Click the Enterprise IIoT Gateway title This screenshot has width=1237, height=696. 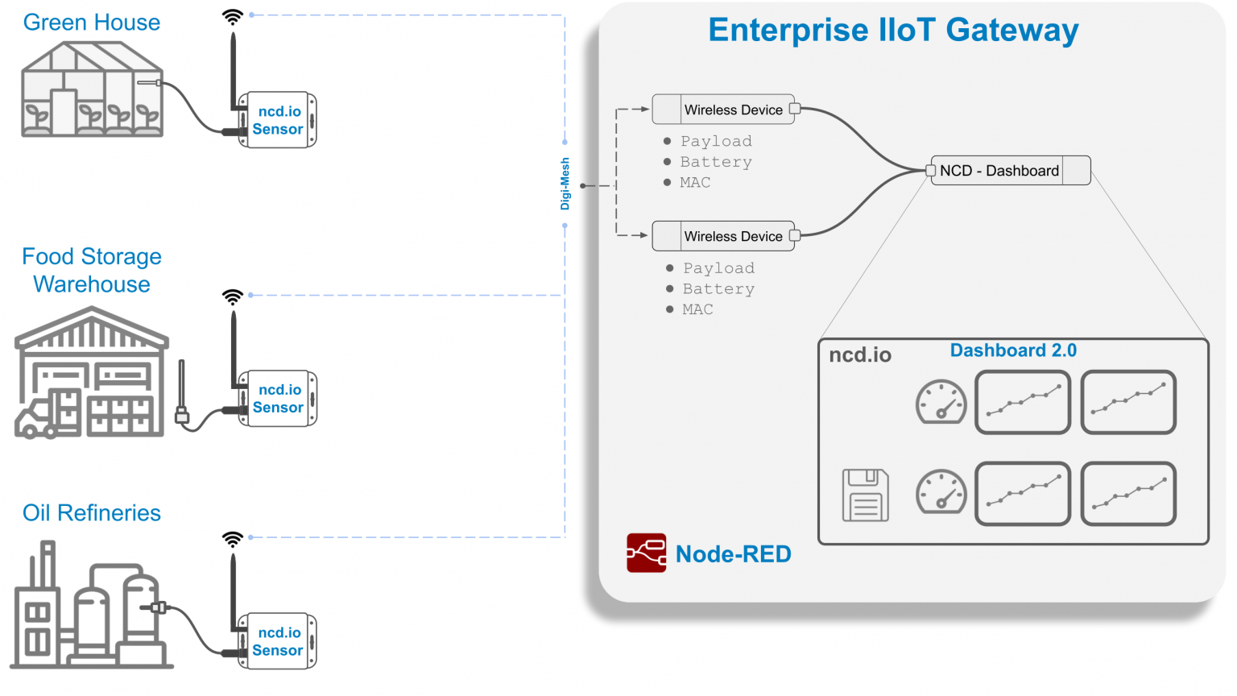click(892, 30)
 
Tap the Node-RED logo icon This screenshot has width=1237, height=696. click(646, 553)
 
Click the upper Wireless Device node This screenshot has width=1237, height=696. click(723, 110)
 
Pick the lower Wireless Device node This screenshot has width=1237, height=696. click(723, 236)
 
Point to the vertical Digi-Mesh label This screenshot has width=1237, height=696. click(565, 184)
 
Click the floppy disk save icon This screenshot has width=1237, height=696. click(865, 495)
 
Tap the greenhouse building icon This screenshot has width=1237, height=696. click(91, 90)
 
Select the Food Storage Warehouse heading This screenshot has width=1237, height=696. click(91, 270)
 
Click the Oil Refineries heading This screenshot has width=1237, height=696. click(91, 512)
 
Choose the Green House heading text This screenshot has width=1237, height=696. click(91, 23)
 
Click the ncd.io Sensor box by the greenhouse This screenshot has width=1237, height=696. click(277, 120)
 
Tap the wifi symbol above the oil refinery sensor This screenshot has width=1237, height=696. click(232, 539)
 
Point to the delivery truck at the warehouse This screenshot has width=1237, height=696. click(36, 419)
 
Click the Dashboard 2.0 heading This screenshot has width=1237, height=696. click(1012, 350)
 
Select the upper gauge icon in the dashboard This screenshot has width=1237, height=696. click(941, 401)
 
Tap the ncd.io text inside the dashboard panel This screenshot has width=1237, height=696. click(859, 355)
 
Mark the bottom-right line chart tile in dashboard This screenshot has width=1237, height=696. click(1127, 494)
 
